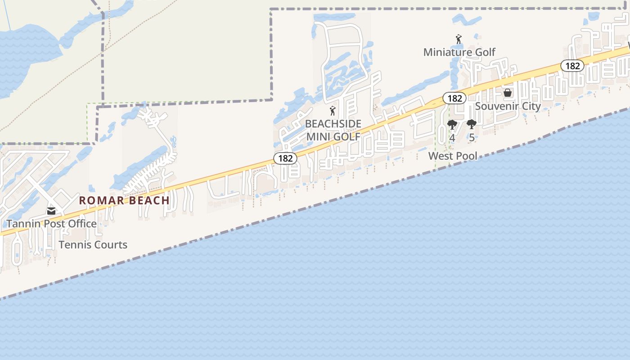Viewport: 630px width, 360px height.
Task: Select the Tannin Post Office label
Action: pyautogui.click(x=51, y=224)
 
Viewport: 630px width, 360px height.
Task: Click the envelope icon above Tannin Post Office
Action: pyautogui.click(x=51, y=211)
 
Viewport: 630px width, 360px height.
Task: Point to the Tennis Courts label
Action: pyautogui.click(x=93, y=245)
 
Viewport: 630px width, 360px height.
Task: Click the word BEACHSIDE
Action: pyautogui.click(x=333, y=124)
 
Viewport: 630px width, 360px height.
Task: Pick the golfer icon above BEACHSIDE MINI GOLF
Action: pyautogui.click(x=333, y=111)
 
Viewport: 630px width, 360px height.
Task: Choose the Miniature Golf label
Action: pyautogui.click(x=459, y=52)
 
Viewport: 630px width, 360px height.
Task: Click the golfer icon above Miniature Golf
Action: pyautogui.click(x=459, y=40)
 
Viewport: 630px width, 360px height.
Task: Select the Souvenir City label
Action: pyautogui.click(x=508, y=106)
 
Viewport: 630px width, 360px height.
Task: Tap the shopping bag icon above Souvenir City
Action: pyautogui.click(x=508, y=93)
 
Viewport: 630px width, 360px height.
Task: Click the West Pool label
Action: pyautogui.click(x=453, y=156)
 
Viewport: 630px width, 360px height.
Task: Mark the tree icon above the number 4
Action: pyautogui.click(x=452, y=125)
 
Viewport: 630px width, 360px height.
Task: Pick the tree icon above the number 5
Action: pyautogui.click(x=471, y=125)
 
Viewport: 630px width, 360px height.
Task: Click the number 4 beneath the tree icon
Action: pyautogui.click(x=452, y=138)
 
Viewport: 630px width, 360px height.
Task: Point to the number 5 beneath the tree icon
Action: pyautogui.click(x=471, y=138)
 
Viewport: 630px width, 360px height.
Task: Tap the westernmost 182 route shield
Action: pyautogui.click(x=285, y=158)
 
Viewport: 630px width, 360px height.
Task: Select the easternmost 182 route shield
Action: pyautogui.click(x=572, y=66)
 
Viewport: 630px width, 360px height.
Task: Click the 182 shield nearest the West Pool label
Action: pyautogui.click(x=454, y=98)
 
